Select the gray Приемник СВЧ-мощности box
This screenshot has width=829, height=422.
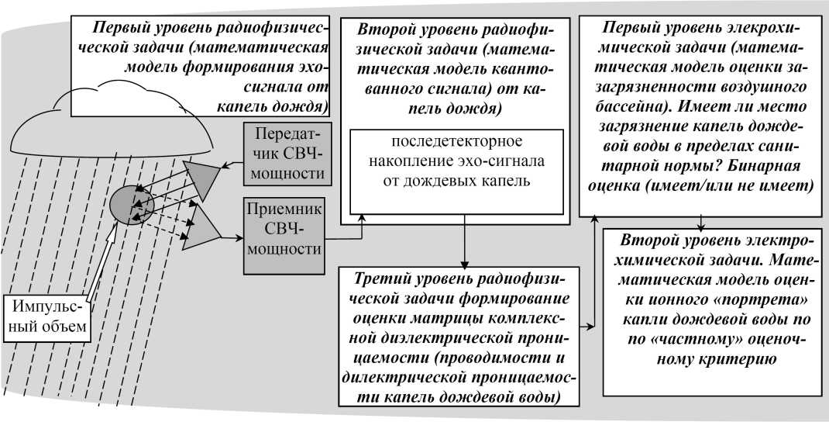pos(283,235)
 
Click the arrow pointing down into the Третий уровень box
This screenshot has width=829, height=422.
pos(463,256)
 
